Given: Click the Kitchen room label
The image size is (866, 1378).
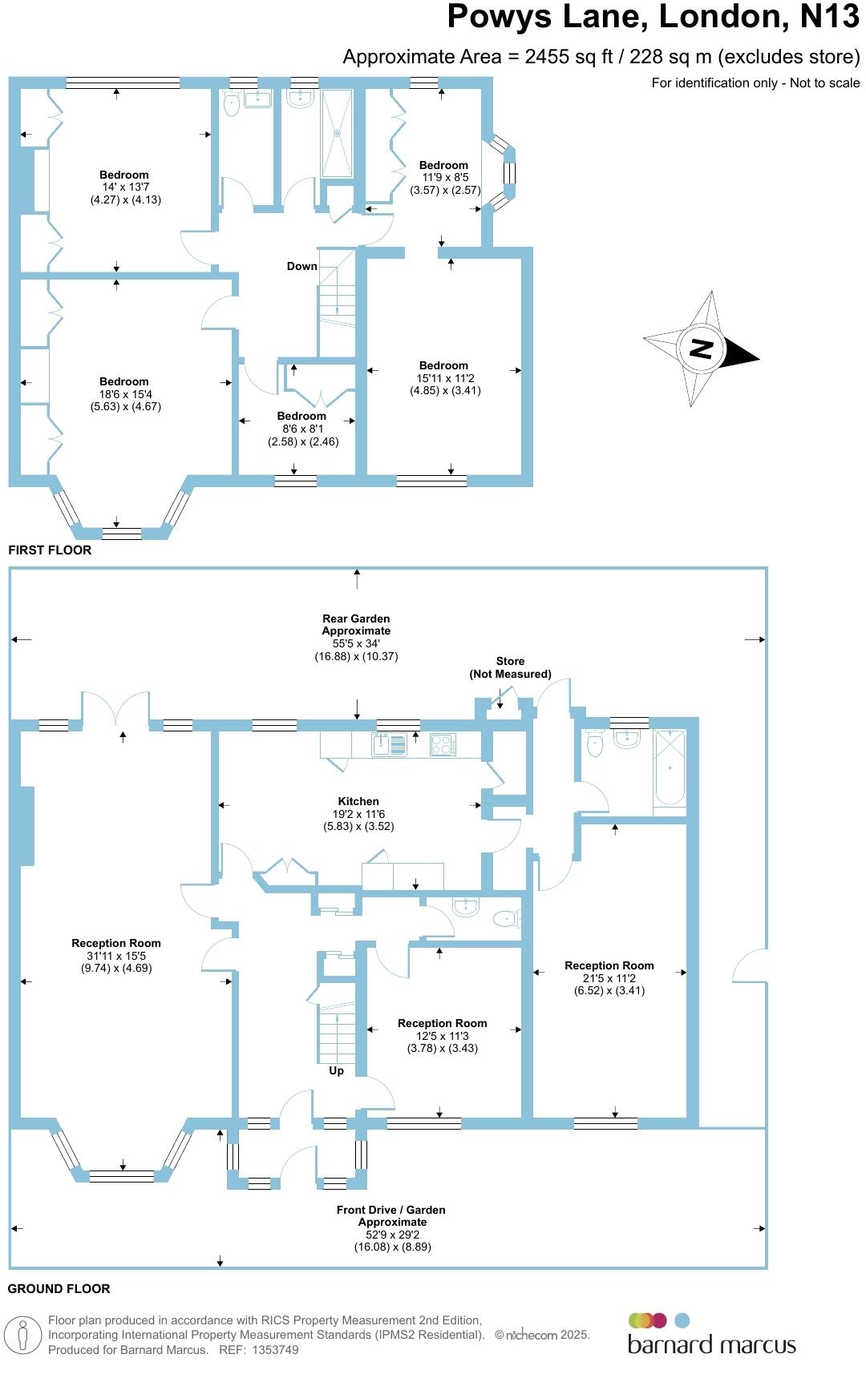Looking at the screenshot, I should tap(358, 801).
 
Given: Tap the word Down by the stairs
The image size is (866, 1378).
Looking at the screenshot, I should tap(302, 266).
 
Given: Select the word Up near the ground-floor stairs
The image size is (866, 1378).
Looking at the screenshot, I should tap(336, 1070).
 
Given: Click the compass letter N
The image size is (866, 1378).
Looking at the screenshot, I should tap(701, 349).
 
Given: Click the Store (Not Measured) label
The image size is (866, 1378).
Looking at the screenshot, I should tap(510, 667).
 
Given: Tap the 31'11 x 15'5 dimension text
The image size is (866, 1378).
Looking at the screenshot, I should tap(115, 956).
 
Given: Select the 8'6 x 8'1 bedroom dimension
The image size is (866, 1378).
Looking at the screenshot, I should tap(301, 429).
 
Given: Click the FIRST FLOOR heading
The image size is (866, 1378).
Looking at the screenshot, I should tap(50, 550).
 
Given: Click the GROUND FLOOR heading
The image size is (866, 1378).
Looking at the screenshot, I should tap(59, 1288).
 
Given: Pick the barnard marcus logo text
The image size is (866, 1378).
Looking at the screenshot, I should tap(711, 1344).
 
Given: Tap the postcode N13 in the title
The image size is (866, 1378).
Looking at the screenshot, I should tap(830, 17).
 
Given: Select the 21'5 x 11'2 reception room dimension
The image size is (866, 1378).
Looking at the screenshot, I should tap(609, 978).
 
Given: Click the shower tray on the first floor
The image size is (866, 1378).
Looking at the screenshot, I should tap(337, 133).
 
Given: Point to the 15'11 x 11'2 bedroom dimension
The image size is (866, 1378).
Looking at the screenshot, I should tap(443, 378).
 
